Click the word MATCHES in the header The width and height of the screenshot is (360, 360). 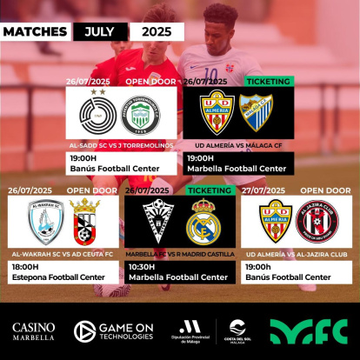tap(35, 31)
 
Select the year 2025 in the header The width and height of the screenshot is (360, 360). tap(156, 31)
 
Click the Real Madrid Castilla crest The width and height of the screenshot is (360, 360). tap(203, 224)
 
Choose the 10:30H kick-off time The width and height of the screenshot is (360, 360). tap(142, 267)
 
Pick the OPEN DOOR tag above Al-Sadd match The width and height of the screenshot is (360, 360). tap(150, 81)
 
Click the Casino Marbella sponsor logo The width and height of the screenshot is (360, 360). tap(33, 331)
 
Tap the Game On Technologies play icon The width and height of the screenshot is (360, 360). tap(84, 331)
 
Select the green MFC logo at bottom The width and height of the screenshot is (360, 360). tap(309, 331)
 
